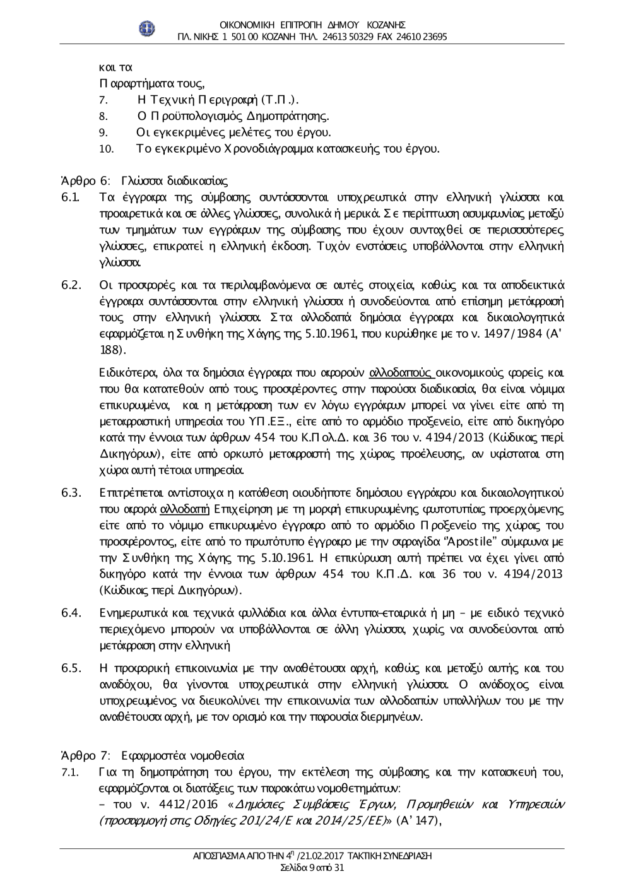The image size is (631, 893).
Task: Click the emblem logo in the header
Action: click(147, 28)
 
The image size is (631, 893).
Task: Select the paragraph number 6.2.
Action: click(70, 284)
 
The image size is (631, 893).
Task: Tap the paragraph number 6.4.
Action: click(70, 612)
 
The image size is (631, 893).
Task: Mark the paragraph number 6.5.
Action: click(70, 668)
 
